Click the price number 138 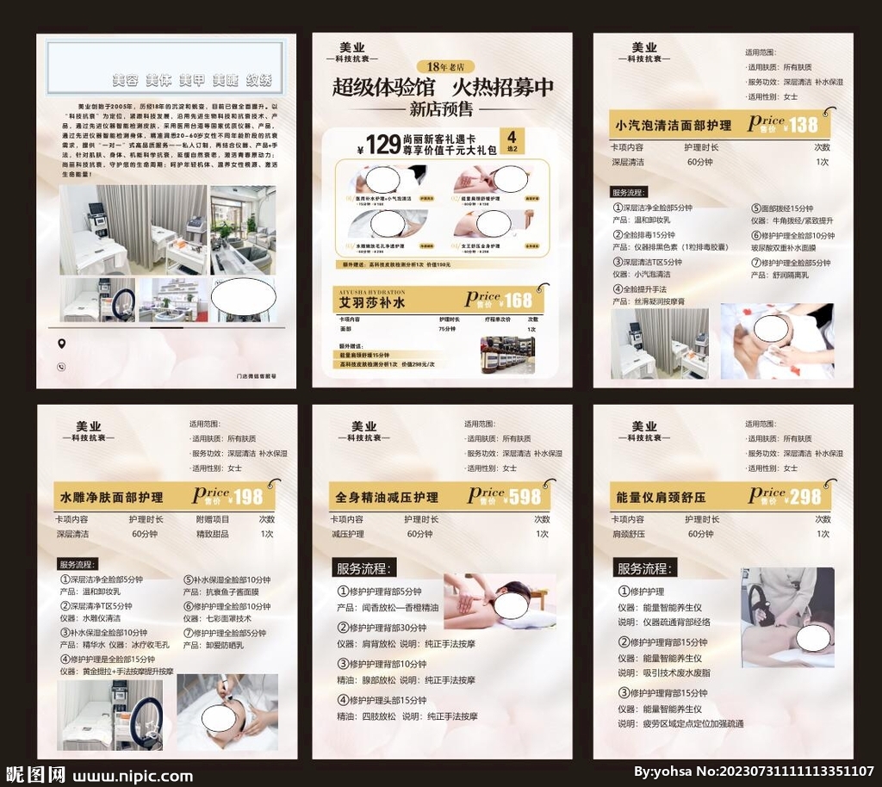[803, 125]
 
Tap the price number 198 [248, 497]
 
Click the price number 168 [519, 301]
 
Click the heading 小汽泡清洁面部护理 [673, 126]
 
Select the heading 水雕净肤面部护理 [111, 498]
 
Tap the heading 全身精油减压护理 [387, 498]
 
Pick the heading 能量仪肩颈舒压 [661, 498]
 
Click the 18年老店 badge [444, 66]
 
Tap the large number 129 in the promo [383, 145]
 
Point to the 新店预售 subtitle [441, 108]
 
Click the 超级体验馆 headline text [384, 87]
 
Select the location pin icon [61, 344]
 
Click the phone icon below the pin [61, 366]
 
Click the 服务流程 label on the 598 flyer [365, 568]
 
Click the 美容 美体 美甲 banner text [192, 80]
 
